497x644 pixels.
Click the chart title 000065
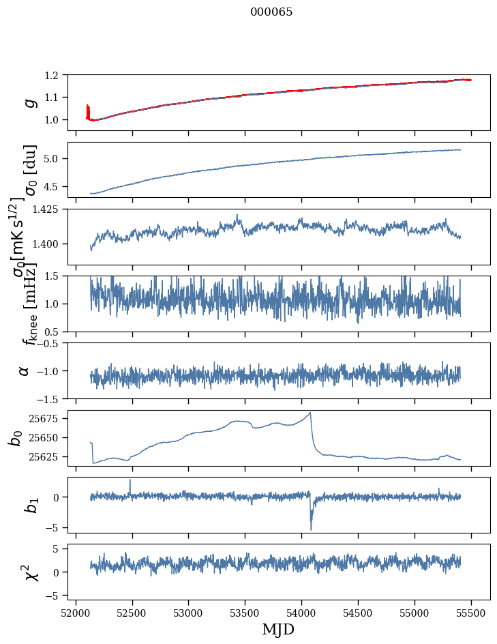pyautogui.click(x=271, y=12)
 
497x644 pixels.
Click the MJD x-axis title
pyautogui.click(x=278, y=629)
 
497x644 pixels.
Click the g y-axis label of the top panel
pyautogui.click(x=29, y=102)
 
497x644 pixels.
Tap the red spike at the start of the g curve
pyautogui.click(x=88, y=111)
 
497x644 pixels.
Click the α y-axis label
pyautogui.click(x=25, y=370)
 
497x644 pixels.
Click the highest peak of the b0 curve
pyautogui.click(x=310, y=413)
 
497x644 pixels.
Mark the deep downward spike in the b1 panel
pyautogui.click(x=311, y=529)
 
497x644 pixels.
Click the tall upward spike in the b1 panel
pyautogui.click(x=130, y=480)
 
